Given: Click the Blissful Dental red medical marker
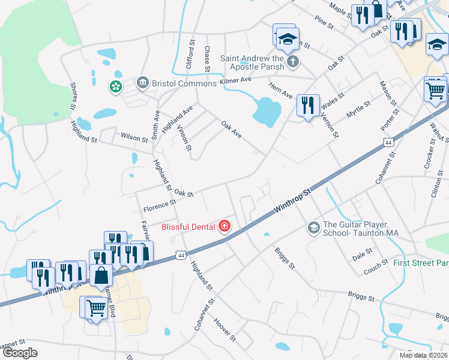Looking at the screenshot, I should click(x=224, y=226).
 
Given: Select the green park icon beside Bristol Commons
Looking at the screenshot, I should click(x=115, y=88).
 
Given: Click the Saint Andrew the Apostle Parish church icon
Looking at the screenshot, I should click(x=292, y=62).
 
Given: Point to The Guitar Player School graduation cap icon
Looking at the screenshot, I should click(x=313, y=228).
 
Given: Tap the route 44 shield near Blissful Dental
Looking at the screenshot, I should click(x=181, y=256).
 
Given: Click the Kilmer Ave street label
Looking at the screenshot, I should click(x=236, y=80).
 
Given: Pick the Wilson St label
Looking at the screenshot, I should click(x=134, y=138).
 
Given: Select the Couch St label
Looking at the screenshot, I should click(x=376, y=268).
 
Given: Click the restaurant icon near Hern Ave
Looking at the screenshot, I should click(x=308, y=106).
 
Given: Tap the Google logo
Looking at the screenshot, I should click(x=20, y=353).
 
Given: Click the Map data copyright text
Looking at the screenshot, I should click(x=424, y=355).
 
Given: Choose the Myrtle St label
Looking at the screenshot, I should click(x=359, y=110).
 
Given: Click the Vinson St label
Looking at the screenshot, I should click(x=185, y=140).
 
